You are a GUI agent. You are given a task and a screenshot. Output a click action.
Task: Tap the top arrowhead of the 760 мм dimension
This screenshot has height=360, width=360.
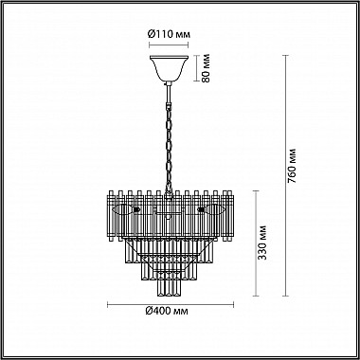point(286,56)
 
